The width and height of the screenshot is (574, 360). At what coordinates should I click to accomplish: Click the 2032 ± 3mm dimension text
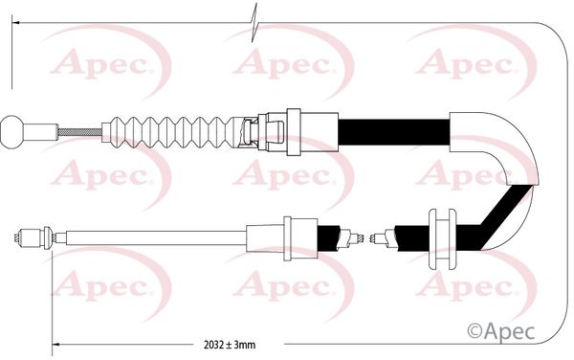(230, 345)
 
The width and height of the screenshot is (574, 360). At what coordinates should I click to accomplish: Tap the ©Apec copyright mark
(500, 332)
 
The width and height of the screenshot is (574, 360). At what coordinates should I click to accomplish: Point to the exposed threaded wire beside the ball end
(79, 132)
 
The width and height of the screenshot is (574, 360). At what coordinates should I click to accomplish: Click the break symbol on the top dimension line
(254, 23)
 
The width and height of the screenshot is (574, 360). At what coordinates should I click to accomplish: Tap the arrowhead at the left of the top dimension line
(15, 23)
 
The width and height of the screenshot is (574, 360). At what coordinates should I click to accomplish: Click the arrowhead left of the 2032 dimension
(55, 345)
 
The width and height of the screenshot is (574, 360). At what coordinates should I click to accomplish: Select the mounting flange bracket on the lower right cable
(442, 239)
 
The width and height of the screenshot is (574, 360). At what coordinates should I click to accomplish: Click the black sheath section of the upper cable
(393, 132)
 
